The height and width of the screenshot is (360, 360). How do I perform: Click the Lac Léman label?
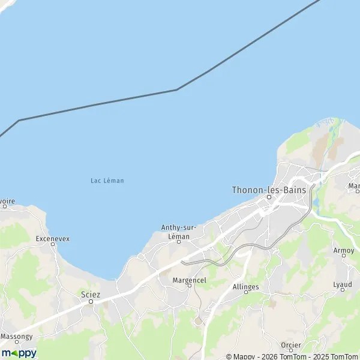tap(107, 181)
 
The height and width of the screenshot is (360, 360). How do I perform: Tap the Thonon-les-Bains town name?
tap(269, 190)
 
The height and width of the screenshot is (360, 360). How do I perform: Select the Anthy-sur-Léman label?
tap(179, 232)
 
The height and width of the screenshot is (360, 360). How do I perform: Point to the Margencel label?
tap(189, 279)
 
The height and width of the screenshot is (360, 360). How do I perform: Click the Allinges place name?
tap(245, 287)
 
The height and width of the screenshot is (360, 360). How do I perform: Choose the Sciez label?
tap(91, 294)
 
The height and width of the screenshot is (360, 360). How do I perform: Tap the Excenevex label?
tap(53, 238)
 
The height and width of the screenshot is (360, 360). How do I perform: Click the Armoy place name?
tap(343, 250)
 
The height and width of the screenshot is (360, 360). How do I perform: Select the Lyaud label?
tap(343, 284)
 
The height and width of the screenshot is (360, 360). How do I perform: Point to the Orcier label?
tap(291, 345)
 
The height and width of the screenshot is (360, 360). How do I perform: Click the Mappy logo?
tap(19, 353)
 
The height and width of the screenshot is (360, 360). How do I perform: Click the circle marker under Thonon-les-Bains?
tap(269, 197)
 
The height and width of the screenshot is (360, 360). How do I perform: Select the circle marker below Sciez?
tap(91, 301)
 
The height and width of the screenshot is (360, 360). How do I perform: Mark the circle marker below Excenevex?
tap(53, 245)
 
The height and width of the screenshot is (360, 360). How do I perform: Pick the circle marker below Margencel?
tap(189, 286)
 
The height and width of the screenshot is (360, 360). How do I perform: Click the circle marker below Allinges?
tap(245, 294)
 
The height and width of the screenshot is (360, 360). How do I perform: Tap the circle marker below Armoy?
tap(343, 256)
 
